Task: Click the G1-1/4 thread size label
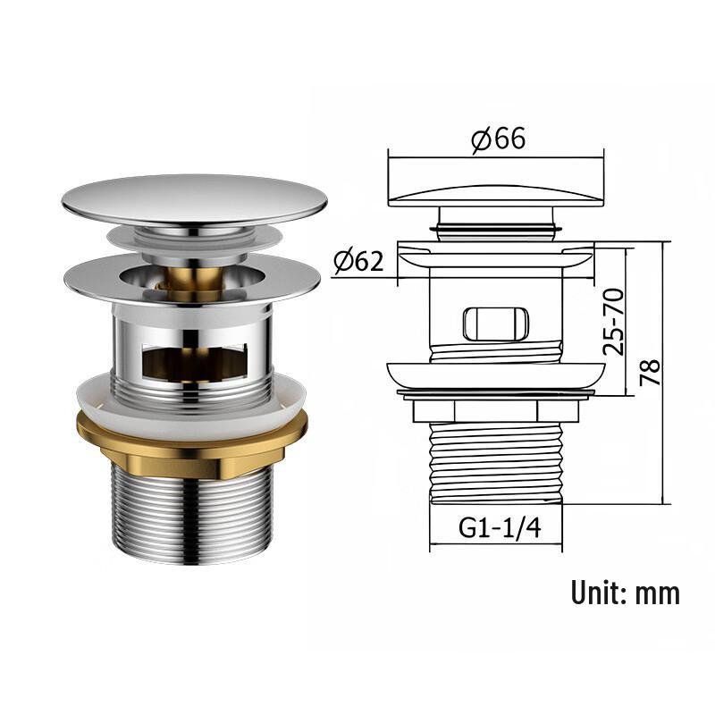click(x=500, y=527)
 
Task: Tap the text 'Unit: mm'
click(x=626, y=592)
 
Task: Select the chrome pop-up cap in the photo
click(x=194, y=198)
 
